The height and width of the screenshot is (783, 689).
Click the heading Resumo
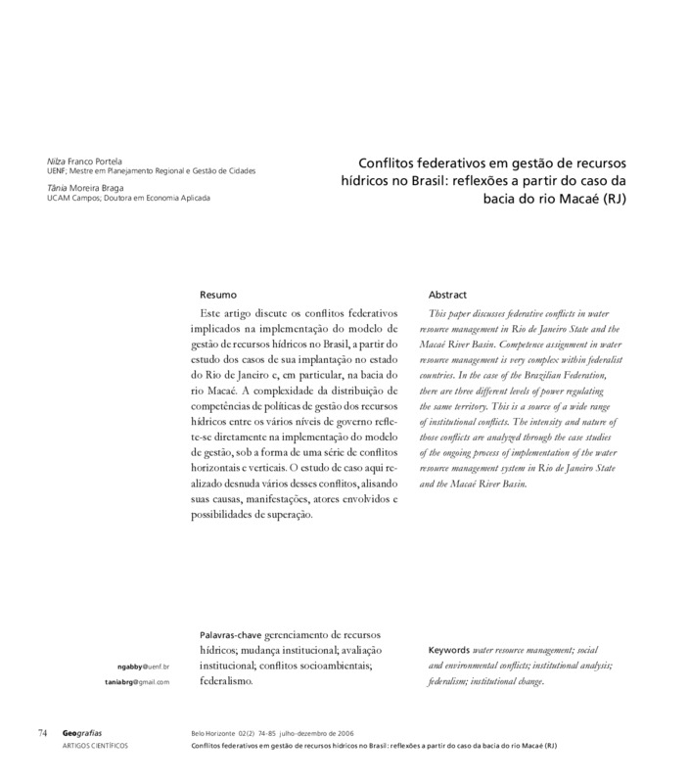point(217,295)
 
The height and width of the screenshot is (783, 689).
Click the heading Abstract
point(447,295)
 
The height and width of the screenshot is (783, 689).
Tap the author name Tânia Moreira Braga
point(86,186)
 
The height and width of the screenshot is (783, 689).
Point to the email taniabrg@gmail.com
point(137,681)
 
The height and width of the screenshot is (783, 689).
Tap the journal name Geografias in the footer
point(84,733)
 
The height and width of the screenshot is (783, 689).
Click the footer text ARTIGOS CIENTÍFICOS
point(95,746)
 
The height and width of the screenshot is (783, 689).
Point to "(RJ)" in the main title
point(613,197)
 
